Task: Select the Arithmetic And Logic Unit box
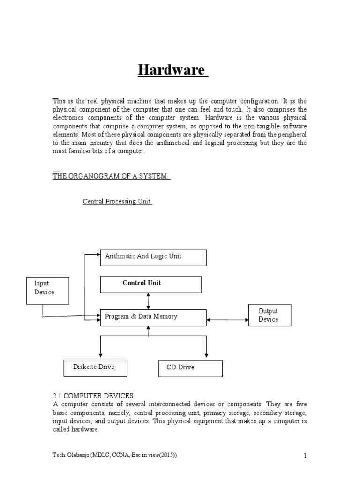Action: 153,257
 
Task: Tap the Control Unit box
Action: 150,284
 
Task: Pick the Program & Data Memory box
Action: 153,317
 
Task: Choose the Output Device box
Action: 269,315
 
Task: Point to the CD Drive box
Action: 190,368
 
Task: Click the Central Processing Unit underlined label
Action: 117,201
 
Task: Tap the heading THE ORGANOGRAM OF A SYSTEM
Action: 111,176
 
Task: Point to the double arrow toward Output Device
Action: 227,320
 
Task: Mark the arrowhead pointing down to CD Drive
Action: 207,354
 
